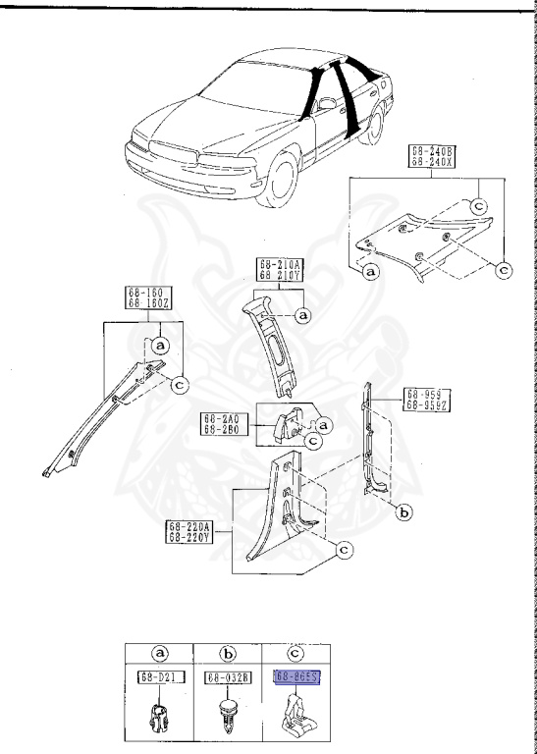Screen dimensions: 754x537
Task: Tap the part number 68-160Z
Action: pyautogui.click(x=145, y=303)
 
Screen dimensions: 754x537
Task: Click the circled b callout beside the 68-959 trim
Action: pyautogui.click(x=402, y=511)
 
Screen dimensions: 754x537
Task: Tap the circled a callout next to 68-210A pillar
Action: pyautogui.click(x=303, y=314)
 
